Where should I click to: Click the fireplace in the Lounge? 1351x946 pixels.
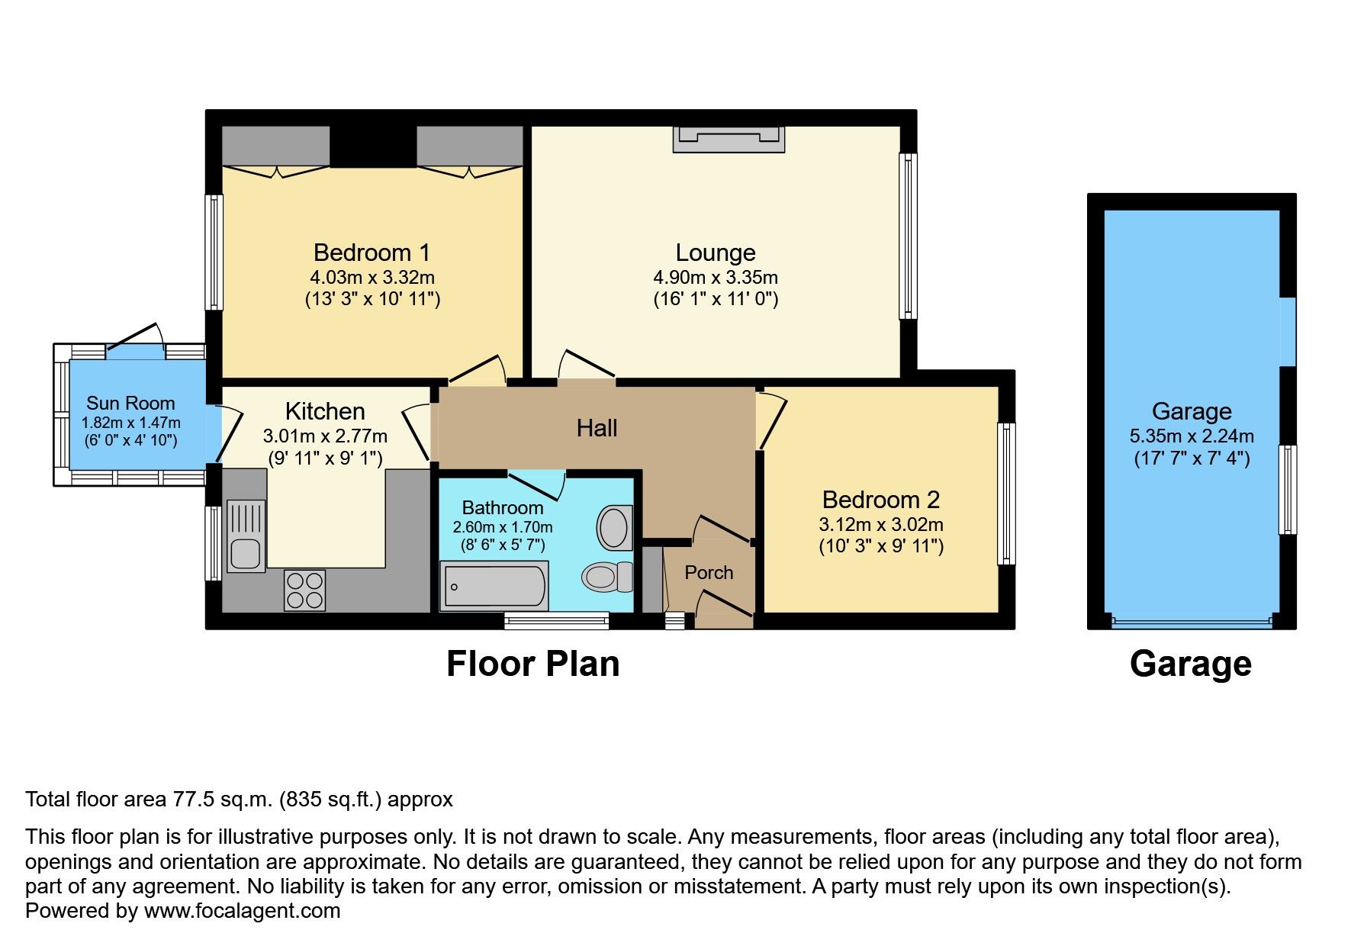point(729,139)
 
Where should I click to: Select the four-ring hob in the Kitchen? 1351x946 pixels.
point(304,590)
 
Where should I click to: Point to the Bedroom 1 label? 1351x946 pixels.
point(372,253)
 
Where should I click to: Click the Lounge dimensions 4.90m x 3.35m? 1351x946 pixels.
point(715,278)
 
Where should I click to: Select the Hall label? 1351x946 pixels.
point(597,428)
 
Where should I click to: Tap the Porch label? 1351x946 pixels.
point(709,572)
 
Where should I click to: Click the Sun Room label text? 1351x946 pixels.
point(130,403)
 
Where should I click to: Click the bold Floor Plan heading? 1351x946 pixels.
point(532,664)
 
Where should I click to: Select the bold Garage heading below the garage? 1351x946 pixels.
point(1190,664)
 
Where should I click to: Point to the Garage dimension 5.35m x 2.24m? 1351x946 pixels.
point(1192,436)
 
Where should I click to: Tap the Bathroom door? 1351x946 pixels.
point(537,484)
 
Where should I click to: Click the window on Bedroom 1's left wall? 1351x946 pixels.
point(215,252)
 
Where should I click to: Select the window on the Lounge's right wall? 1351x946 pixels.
point(908,236)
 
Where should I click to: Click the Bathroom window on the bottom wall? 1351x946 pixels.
point(556,621)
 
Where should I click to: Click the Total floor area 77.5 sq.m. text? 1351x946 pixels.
point(239,800)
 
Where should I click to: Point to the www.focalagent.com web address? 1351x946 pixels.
point(242,911)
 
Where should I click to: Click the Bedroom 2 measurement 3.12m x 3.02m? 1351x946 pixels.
point(881,525)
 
